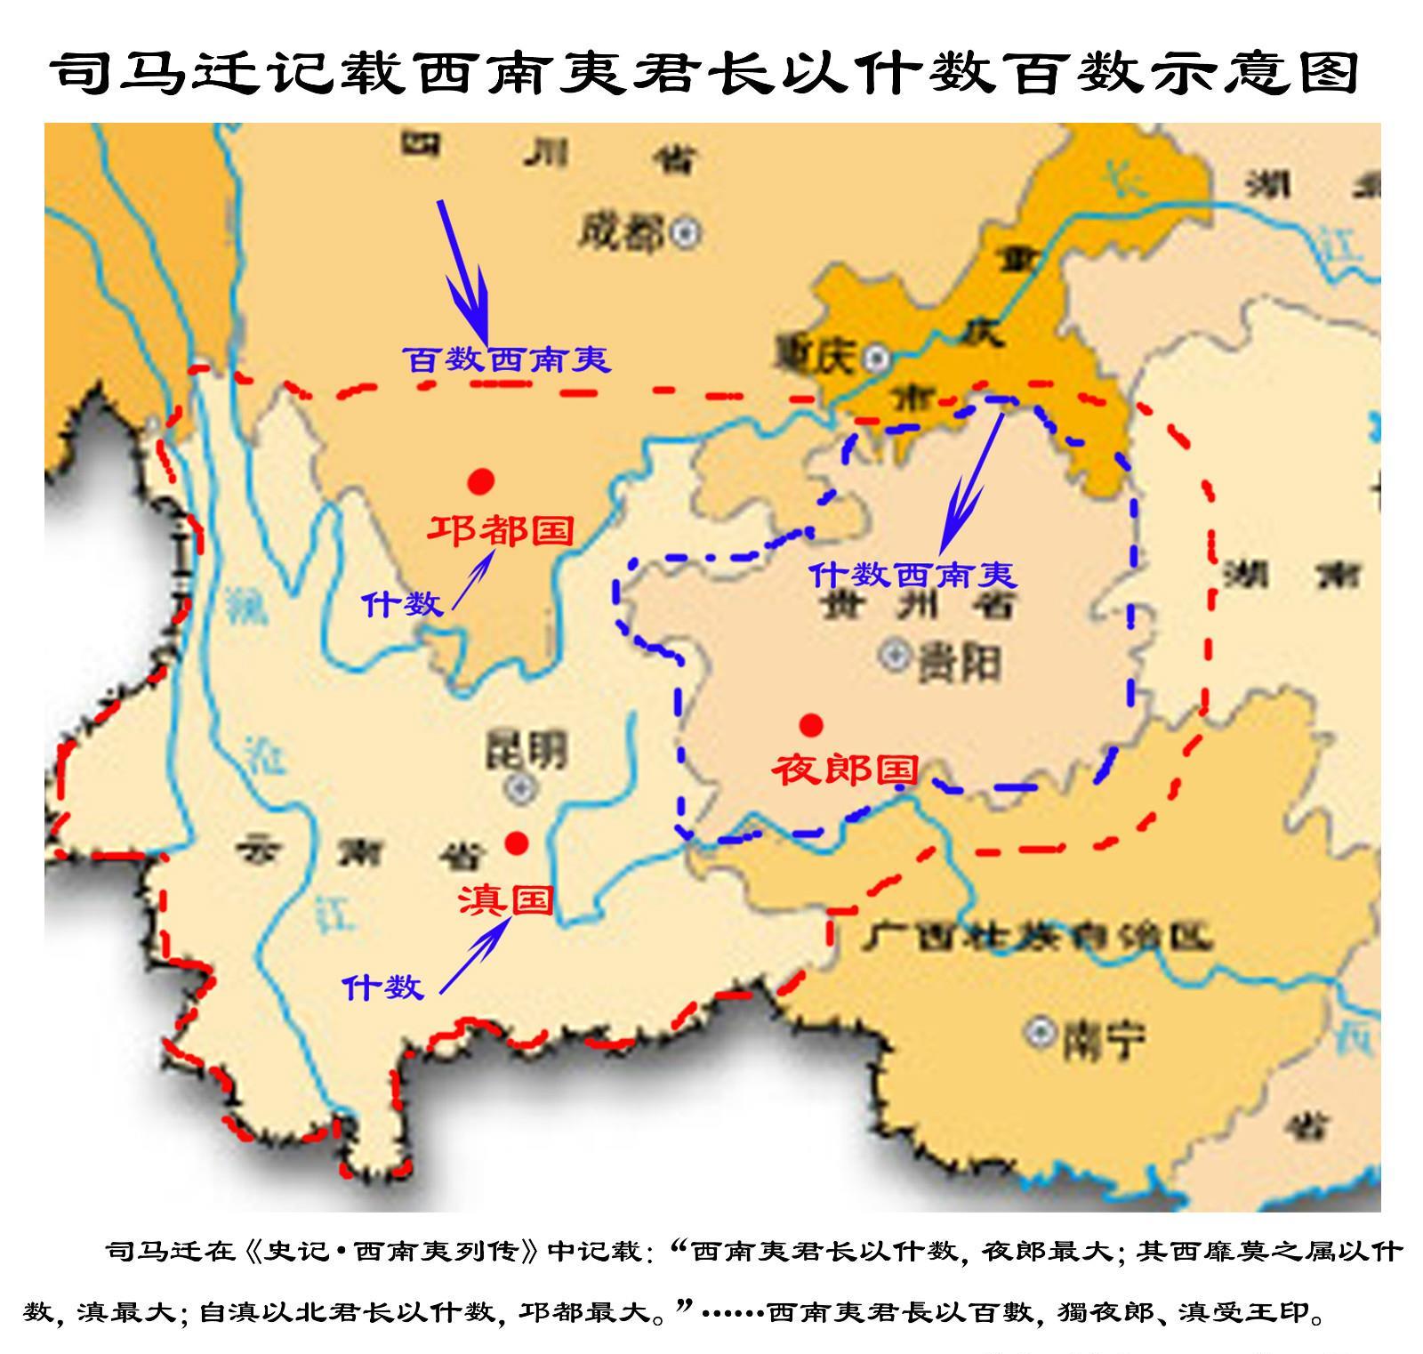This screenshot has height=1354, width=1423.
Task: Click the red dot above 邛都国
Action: coord(481,481)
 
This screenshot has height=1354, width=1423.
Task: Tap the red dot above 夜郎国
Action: coord(810,725)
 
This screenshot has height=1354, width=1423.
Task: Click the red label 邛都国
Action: coord(501,531)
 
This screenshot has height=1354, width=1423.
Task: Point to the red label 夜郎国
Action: coord(844,770)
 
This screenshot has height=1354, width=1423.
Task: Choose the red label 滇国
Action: coord(505,900)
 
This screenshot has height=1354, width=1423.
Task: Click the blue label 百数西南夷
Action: coord(506,359)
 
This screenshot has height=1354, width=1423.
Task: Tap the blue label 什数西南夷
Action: coord(912,575)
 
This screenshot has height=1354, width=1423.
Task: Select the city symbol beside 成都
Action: coord(685,233)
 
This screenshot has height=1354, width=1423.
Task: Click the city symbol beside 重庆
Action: coord(878,358)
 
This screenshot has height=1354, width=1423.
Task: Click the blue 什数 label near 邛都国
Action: coord(402,604)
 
